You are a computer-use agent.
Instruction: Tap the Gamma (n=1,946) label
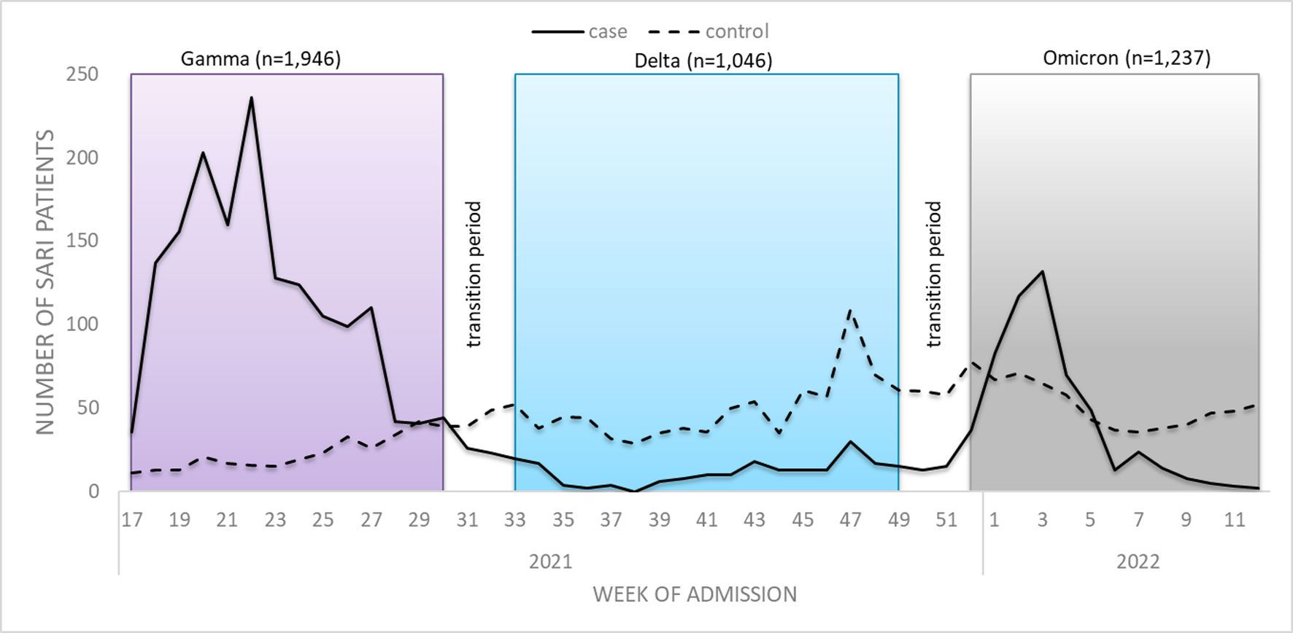[x=260, y=58]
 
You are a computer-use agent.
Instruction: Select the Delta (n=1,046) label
[x=703, y=60]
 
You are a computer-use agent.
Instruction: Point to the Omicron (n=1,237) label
[x=1126, y=58]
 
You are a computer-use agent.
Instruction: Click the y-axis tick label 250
[x=82, y=74]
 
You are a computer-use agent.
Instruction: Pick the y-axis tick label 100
[x=82, y=325]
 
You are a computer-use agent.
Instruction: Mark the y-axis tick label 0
[x=93, y=492]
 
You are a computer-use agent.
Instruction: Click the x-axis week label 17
[x=131, y=520]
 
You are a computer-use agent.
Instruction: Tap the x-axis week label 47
[x=850, y=520]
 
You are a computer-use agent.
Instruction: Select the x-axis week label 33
[x=515, y=520]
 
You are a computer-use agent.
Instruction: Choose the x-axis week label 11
[x=1234, y=520]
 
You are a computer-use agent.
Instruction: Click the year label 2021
[x=550, y=562]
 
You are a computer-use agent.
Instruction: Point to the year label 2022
[x=1138, y=562]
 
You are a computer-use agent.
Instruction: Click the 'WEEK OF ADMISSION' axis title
[x=694, y=594]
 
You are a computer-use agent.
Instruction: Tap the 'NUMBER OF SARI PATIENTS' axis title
[x=45, y=282]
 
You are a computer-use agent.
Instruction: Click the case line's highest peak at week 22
[x=251, y=98]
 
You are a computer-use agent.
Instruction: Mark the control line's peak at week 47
[x=850, y=311]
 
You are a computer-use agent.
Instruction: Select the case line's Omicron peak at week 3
[x=1042, y=272]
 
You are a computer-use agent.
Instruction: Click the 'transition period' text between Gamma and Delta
[x=474, y=274]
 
